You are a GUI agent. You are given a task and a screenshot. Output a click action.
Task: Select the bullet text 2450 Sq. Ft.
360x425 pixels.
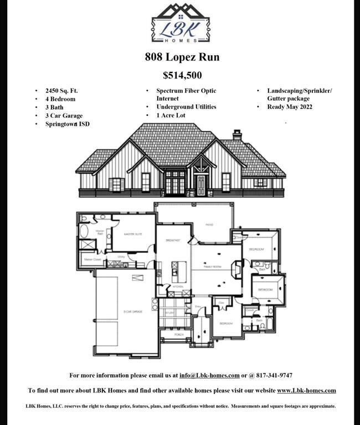[64, 91]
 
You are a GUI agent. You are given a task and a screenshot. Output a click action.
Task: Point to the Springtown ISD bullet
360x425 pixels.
[67, 124]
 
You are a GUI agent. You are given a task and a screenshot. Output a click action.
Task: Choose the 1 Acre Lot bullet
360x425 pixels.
[171, 115]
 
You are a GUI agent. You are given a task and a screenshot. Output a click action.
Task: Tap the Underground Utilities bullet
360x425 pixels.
[186, 107]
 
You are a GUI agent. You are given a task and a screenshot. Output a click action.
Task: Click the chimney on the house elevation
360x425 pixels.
[237, 134]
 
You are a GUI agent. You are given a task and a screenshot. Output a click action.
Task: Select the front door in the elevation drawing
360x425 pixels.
[200, 185]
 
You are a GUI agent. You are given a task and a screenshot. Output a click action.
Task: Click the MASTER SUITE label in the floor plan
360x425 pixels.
[133, 234]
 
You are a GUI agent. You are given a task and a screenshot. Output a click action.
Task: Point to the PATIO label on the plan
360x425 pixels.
[210, 225]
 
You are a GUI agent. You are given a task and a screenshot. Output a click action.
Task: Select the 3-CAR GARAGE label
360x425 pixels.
[132, 312]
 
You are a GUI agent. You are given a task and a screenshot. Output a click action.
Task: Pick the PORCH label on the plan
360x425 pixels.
[179, 334]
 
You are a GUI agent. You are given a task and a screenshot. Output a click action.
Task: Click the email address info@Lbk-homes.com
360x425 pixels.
[209, 375]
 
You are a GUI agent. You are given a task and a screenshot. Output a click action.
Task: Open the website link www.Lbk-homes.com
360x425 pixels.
[306, 390]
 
